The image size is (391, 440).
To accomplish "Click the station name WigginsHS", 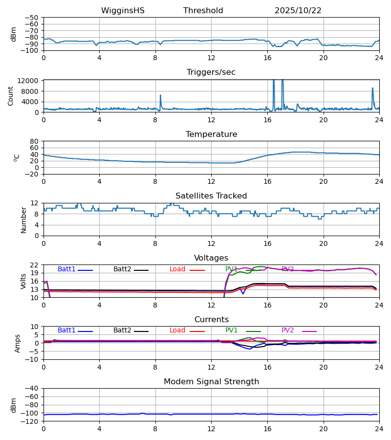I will click(x=123, y=11).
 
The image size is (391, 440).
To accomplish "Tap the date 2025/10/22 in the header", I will click(x=298, y=11).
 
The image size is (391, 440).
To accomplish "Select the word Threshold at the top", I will click(x=203, y=11).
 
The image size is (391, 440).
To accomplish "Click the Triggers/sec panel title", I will click(x=211, y=72).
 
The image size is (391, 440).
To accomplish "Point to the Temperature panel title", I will click(x=211, y=134).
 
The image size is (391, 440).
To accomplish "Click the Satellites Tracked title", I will click(x=211, y=196).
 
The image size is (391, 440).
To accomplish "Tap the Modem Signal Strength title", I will click(x=211, y=382).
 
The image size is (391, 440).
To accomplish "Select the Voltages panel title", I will click(x=211, y=258).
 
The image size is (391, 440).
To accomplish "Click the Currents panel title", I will click(x=211, y=320).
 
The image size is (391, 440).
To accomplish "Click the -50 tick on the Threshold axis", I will click(x=33, y=18).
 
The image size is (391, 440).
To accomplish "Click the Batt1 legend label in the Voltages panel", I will click(x=66, y=269).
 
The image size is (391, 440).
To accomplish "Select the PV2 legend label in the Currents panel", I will click(x=287, y=330).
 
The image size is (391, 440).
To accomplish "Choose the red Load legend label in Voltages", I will click(x=177, y=269).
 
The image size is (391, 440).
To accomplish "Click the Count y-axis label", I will click(x=11, y=96).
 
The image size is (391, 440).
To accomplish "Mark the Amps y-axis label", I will click(x=18, y=343).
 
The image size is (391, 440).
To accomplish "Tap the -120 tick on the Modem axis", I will click(x=31, y=421).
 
